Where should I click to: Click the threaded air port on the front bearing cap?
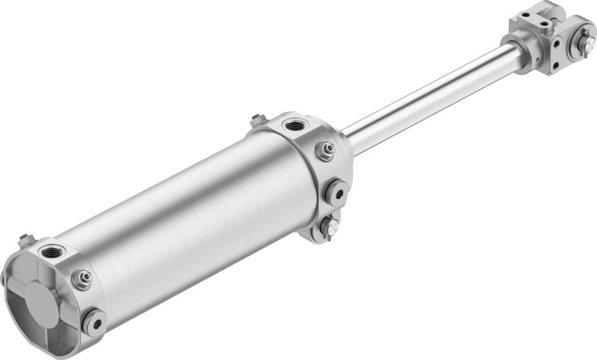295,125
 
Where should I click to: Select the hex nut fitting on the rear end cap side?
83,279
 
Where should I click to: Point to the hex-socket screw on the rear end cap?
94,323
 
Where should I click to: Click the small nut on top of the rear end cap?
25,240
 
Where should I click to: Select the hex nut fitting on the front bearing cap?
325,150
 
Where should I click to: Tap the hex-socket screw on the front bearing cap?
337,193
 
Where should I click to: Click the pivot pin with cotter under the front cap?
329,227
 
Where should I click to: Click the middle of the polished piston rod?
430,99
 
